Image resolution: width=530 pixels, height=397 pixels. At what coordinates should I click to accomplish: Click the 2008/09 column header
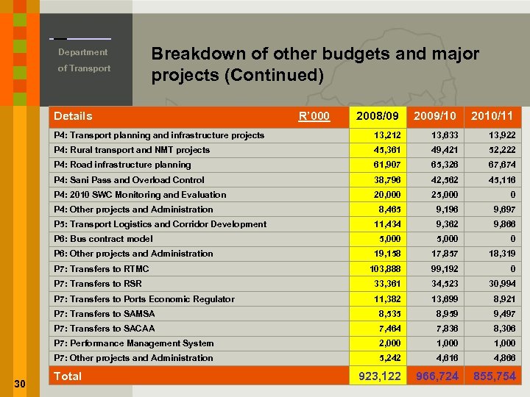[378, 116]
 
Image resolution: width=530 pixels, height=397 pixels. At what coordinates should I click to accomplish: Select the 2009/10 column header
[435, 116]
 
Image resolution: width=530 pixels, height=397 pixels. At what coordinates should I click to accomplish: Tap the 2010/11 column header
[492, 116]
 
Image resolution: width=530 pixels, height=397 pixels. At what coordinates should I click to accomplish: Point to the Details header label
[73, 116]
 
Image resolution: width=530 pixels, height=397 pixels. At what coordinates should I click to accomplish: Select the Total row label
[68, 376]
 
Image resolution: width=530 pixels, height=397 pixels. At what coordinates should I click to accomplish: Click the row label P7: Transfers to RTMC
[102, 269]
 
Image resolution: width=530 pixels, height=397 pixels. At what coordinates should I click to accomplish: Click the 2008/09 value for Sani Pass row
[386, 179]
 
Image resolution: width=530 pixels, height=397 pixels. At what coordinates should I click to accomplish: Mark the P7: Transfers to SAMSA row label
[105, 314]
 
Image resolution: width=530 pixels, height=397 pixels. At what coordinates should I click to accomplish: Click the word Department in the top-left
[83, 52]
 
